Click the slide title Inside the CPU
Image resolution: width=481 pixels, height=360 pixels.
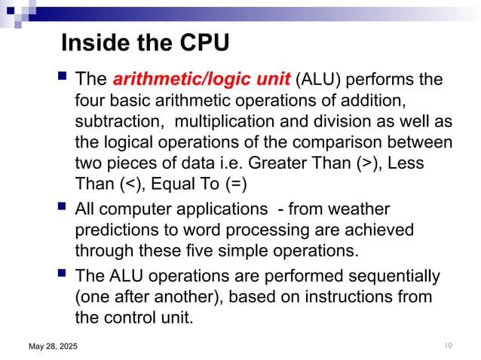click(144, 44)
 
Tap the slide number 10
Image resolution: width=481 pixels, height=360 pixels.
click(448, 345)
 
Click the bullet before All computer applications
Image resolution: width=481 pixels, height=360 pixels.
click(61, 206)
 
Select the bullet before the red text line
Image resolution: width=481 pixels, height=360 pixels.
click(61, 78)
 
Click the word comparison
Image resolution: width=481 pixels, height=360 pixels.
click(316, 142)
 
